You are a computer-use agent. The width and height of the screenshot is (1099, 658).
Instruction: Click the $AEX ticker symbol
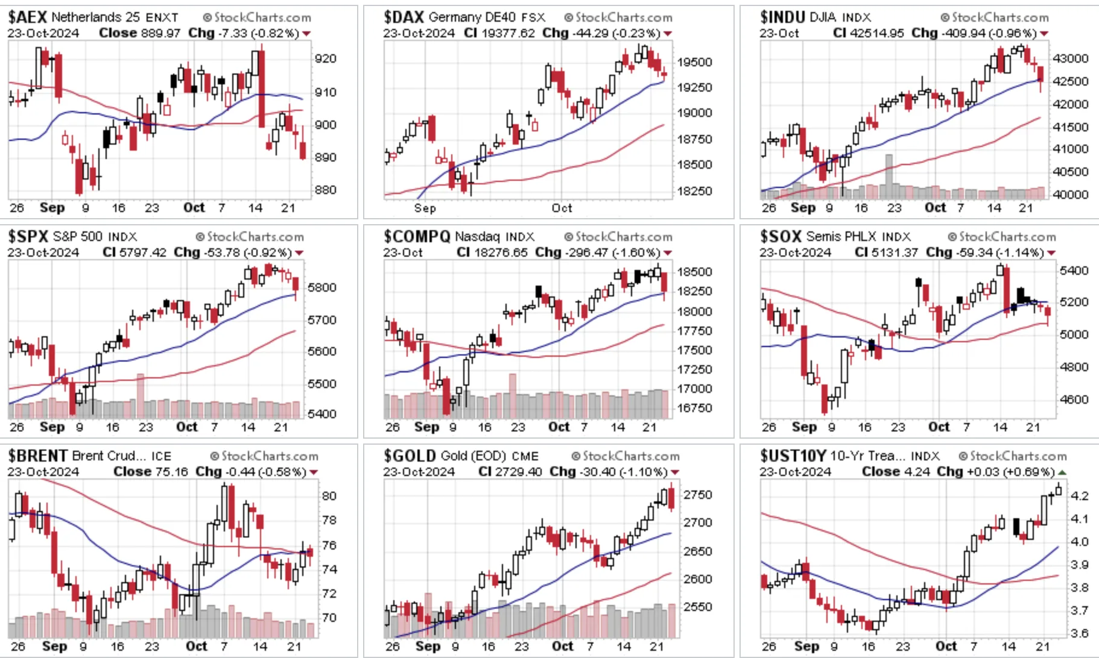pos(28,17)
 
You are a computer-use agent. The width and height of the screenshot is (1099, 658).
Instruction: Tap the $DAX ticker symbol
pos(404,17)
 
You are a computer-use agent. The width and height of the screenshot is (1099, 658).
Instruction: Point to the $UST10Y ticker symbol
pos(793,456)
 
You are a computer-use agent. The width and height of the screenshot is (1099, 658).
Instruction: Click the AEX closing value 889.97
pos(160,33)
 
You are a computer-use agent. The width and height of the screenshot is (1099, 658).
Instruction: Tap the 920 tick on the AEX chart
pos(326,59)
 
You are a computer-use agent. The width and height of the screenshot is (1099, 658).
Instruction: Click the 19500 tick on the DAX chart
pos(694,62)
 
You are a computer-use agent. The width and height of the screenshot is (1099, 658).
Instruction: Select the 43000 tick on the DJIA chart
pos(1070,58)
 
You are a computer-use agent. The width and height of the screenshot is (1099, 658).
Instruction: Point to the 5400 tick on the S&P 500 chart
pos(321,415)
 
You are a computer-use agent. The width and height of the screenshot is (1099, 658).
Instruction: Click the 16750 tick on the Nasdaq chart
pos(694,408)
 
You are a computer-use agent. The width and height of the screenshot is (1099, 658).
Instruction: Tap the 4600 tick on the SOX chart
pos(1074,399)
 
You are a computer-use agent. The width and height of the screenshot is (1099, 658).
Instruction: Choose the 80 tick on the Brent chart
pos(329,496)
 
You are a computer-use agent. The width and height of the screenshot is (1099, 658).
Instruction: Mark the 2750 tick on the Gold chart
pos(698,495)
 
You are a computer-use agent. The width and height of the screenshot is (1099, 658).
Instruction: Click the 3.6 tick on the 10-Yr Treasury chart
pos(1079,633)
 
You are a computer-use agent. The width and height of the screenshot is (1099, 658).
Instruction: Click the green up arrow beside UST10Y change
pos(1062,472)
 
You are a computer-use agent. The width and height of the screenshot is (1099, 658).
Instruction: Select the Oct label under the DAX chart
pos(562,208)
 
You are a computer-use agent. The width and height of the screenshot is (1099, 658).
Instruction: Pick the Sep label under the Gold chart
pos(428,646)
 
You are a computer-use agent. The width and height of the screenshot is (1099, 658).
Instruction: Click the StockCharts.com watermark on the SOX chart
pos(1002,237)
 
